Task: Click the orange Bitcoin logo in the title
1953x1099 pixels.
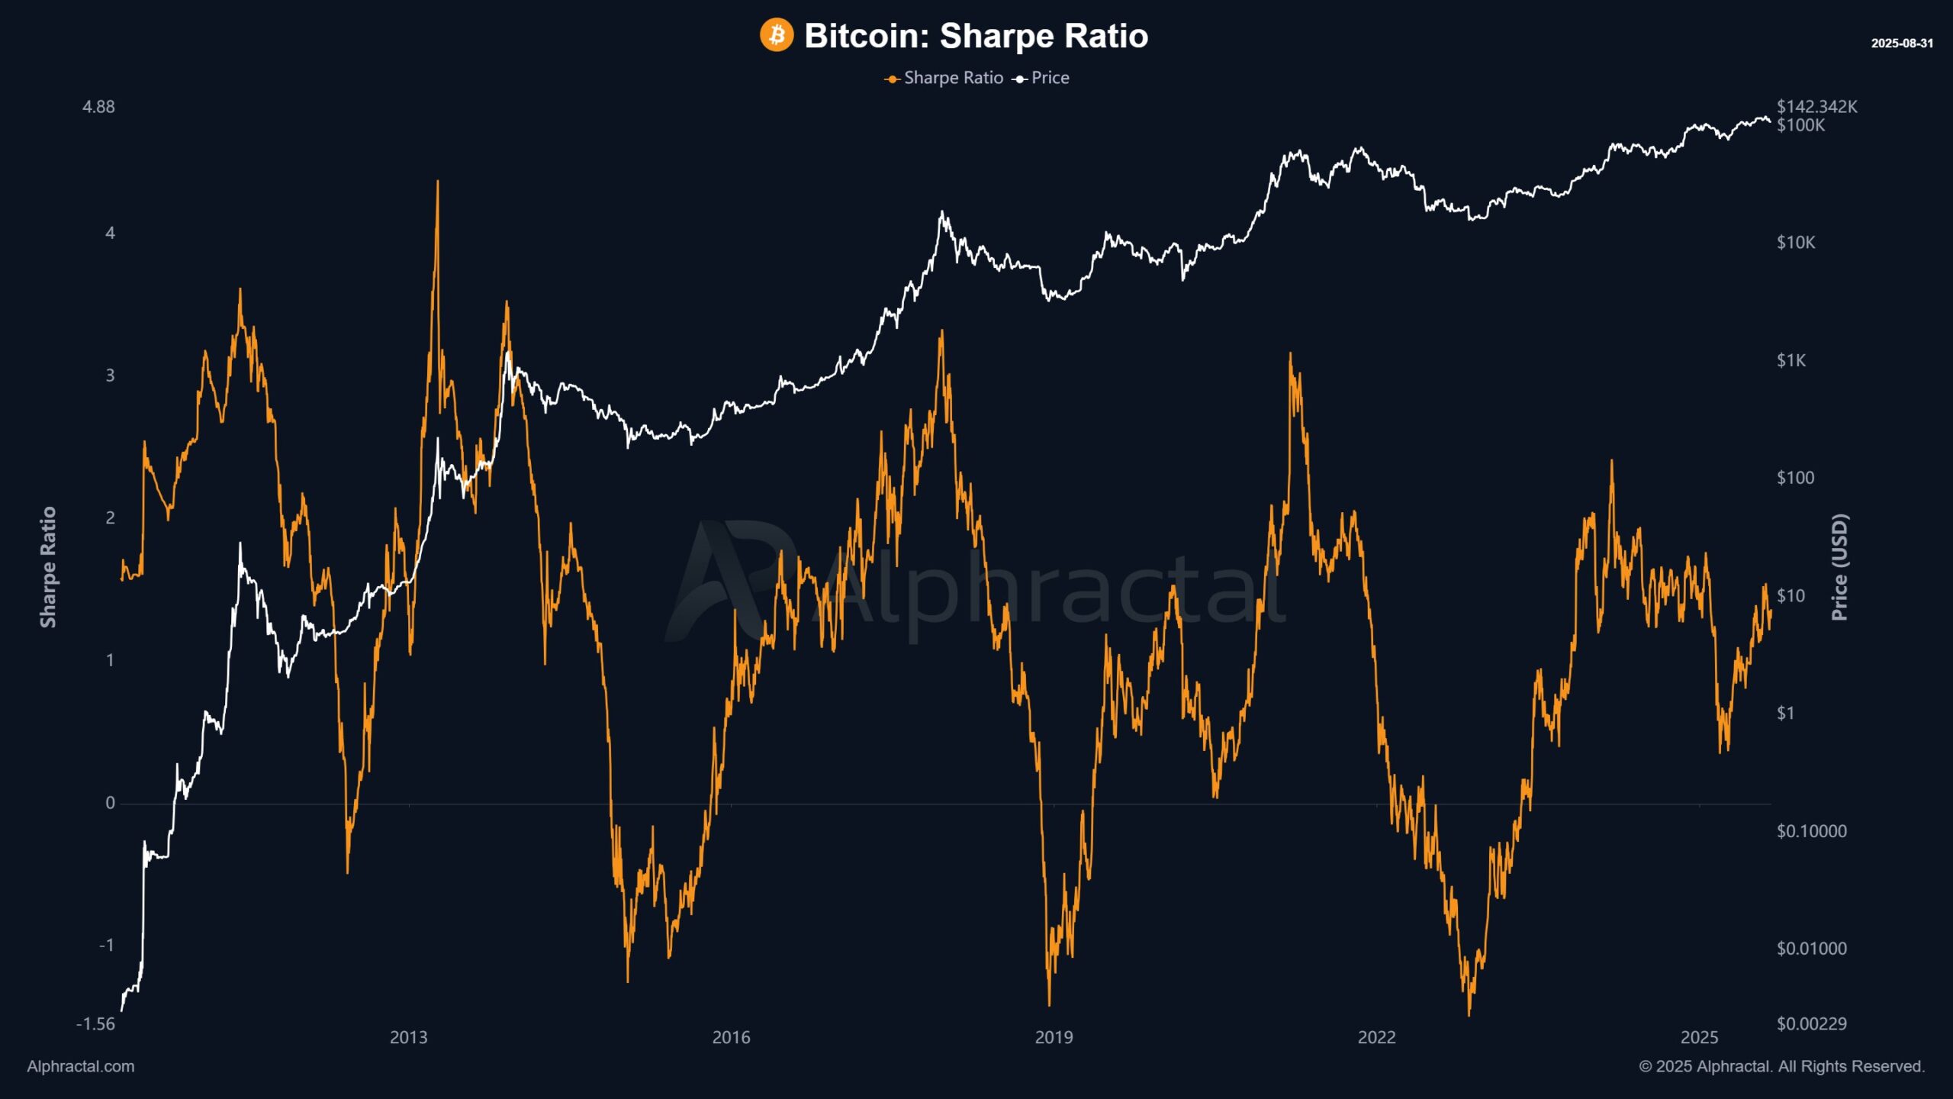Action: point(776,35)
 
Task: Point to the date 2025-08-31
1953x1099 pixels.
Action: point(1901,44)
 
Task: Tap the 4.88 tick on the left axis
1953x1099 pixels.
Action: point(98,107)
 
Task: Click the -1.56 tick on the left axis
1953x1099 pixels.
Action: point(95,1023)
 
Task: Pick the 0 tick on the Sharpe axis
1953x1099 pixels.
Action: point(110,802)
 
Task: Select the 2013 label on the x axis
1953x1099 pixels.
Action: point(408,1037)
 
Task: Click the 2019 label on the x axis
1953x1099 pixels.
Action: point(1054,1037)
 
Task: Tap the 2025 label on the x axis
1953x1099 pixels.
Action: point(1699,1037)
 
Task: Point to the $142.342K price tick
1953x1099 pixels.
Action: point(1816,106)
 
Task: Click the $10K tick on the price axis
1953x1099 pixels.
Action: point(1795,243)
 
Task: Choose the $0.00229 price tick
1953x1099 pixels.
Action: point(1811,1023)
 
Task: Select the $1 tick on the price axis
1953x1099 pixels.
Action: point(1785,713)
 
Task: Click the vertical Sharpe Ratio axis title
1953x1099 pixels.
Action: point(48,567)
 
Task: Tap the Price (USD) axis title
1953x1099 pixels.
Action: point(1839,567)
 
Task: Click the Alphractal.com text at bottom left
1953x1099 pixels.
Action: point(80,1066)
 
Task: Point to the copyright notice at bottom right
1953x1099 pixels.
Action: point(1781,1066)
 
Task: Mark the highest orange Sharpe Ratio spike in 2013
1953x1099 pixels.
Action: point(437,183)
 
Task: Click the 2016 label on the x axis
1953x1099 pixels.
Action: point(731,1037)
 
